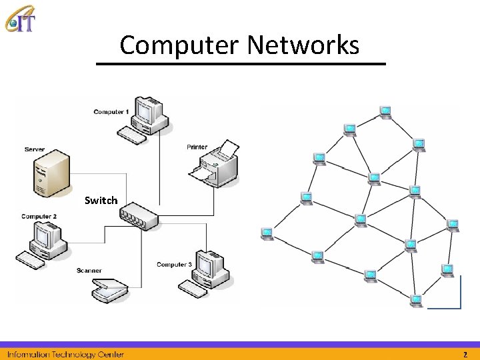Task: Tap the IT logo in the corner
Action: point(20,18)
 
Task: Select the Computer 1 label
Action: point(111,112)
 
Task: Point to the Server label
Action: point(35,149)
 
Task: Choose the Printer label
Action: point(197,147)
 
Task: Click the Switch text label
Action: point(101,200)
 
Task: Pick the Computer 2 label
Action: point(39,217)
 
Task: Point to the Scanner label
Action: point(89,271)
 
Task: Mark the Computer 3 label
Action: point(174,265)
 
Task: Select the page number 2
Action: point(465,354)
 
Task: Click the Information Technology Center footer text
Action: point(65,354)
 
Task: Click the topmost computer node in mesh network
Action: point(385,111)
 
